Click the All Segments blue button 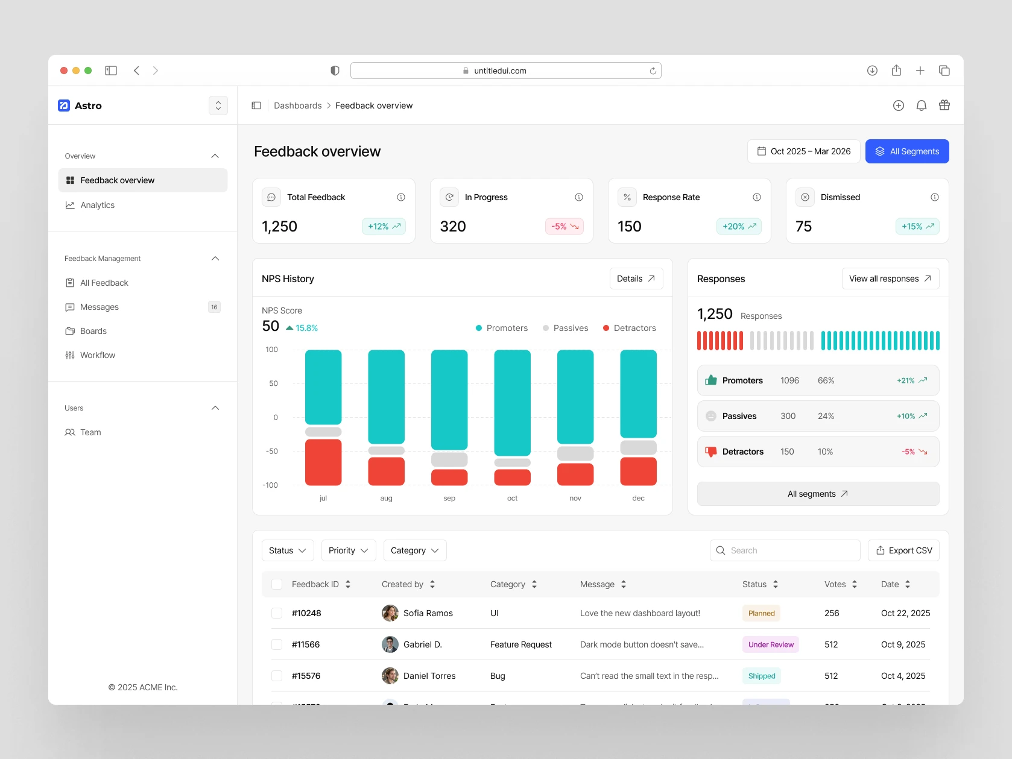point(906,151)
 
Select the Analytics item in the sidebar point(97,205)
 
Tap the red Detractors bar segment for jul point(323,462)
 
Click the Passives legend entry point(565,328)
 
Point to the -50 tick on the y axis point(272,451)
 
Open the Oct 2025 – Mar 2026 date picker point(803,151)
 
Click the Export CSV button point(903,550)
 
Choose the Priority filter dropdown point(349,550)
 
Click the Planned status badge point(761,613)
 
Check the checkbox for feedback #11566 point(277,644)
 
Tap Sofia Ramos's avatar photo point(390,613)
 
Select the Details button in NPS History point(636,279)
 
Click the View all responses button point(890,279)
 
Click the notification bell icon point(921,106)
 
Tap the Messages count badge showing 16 point(214,307)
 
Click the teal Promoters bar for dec point(638,394)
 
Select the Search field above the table point(785,550)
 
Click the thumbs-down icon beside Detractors point(711,452)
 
